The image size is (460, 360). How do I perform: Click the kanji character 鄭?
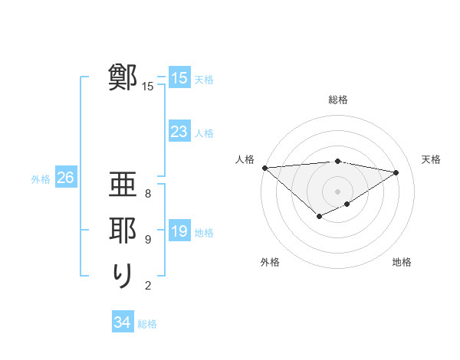(x=123, y=77)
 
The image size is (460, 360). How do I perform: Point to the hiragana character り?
(x=123, y=276)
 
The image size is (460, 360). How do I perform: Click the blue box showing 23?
(x=179, y=132)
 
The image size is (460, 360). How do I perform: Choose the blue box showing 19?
(x=179, y=232)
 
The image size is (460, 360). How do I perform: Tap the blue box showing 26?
(x=65, y=178)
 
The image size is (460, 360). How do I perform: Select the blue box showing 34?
(x=122, y=322)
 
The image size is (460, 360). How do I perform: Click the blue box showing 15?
(x=179, y=78)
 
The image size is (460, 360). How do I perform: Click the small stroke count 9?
(x=148, y=239)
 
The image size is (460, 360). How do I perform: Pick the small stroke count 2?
(x=148, y=286)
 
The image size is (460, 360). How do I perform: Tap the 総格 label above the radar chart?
(x=338, y=100)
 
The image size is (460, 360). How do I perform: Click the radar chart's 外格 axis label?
(x=270, y=263)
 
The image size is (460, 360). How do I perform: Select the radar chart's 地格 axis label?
(x=402, y=263)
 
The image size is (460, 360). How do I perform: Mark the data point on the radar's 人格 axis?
(x=264, y=167)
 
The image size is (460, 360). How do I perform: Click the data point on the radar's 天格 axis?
(x=396, y=172)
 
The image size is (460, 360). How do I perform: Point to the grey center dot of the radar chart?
(x=337, y=191)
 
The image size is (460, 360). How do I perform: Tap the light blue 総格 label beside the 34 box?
(x=147, y=324)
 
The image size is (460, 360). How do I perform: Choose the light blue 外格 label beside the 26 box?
(x=41, y=179)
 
